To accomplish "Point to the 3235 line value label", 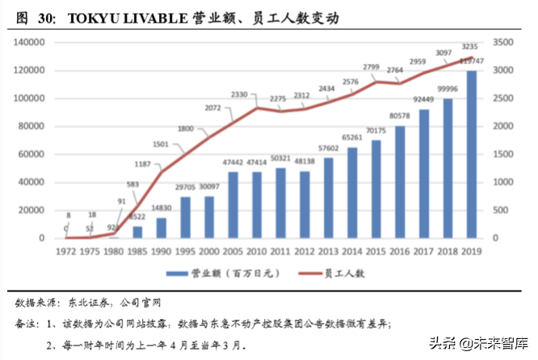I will (469, 47).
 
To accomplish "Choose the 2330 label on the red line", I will (240, 95).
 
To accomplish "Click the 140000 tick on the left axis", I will (28, 42).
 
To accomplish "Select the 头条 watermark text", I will (442, 341).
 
